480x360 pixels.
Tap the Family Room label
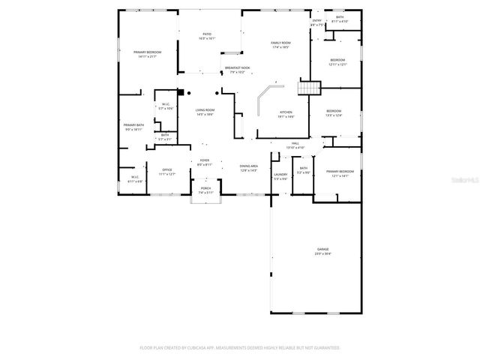click(x=280, y=43)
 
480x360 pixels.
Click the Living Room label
click(x=205, y=111)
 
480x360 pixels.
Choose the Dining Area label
click(x=249, y=166)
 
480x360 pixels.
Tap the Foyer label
click(x=205, y=160)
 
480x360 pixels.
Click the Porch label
click(x=205, y=188)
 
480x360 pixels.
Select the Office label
click(x=167, y=170)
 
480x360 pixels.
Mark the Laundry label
click(x=280, y=175)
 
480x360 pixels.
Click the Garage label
click(x=322, y=250)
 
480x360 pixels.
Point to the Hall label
click(x=295, y=142)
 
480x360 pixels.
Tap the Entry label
click(x=316, y=21)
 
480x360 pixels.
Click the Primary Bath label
click(x=134, y=126)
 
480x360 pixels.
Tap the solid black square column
click(x=180, y=93)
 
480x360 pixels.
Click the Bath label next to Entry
click(x=340, y=18)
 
